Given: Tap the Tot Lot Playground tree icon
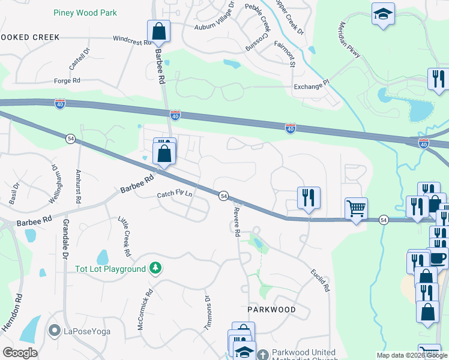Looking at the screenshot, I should coord(155,268).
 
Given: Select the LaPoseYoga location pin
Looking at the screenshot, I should coord(55,330).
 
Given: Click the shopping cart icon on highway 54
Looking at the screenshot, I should coord(356,209).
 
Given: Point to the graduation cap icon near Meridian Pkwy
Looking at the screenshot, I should coord(382,13).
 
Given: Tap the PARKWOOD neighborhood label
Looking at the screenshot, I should coord(272,310).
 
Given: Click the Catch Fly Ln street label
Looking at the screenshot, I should coord(175,194).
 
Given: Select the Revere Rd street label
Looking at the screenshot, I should coord(237,220).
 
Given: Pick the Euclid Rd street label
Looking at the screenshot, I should coord(321,280).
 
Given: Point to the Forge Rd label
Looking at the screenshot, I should coord(67,80).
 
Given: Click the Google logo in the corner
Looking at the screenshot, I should coord(20,352).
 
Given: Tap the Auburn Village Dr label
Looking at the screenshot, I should coord(214,17).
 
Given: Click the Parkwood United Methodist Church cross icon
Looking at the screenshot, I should coord(263,355).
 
